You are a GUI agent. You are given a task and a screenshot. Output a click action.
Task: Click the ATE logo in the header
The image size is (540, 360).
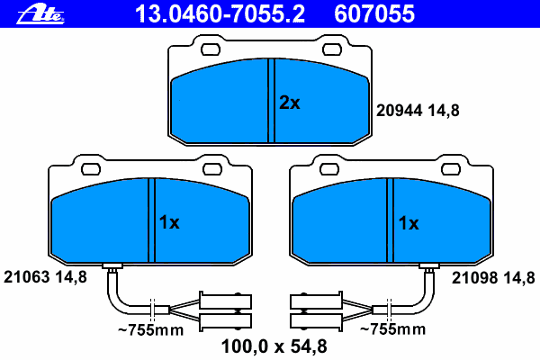pyautogui.click(x=40, y=14)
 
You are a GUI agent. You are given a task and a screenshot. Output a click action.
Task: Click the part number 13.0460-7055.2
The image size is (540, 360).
pyautogui.click(x=220, y=14)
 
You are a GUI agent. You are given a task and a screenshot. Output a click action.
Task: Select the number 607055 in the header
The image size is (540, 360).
pyautogui.click(x=374, y=14)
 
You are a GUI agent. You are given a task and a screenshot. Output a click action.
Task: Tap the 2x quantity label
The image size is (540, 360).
pyautogui.click(x=289, y=103)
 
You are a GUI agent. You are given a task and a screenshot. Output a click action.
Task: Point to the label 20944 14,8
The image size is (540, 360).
pyautogui.click(x=418, y=111)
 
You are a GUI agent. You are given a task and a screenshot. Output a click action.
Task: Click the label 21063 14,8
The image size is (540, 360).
pyautogui.click(x=45, y=277)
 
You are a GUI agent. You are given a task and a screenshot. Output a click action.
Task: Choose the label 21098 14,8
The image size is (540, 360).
pyautogui.click(x=493, y=278)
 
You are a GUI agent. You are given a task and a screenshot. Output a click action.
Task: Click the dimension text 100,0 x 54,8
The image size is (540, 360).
pyautogui.click(x=274, y=346)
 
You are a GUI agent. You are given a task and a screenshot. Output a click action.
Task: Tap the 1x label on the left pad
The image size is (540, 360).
pyautogui.click(x=169, y=222)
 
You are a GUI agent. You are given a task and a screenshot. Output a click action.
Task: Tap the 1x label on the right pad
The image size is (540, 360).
pyautogui.click(x=409, y=223)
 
